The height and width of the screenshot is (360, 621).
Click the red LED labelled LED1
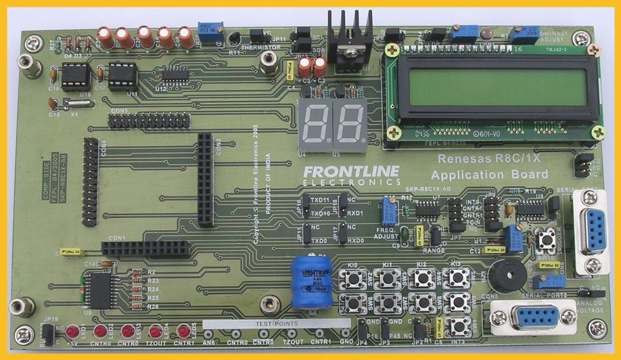click(x=72, y=332)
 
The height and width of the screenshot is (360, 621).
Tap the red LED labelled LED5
click(x=183, y=332)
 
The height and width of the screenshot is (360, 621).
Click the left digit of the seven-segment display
click(x=316, y=125)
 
